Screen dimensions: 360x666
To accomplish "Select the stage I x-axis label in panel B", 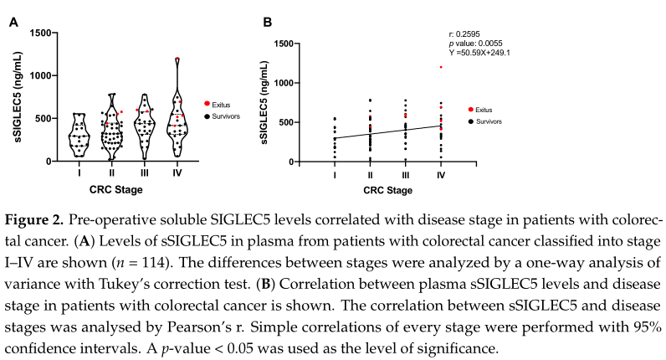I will tap(335, 176).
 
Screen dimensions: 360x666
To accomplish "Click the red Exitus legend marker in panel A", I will tap(207, 103).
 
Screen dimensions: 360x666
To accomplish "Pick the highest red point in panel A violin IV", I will tap(177, 59).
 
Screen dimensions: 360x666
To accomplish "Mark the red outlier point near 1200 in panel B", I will tap(440, 67).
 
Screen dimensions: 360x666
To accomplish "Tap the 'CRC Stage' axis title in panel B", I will tap(387, 192).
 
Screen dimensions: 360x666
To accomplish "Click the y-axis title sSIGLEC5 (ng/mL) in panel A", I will tap(18, 98).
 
